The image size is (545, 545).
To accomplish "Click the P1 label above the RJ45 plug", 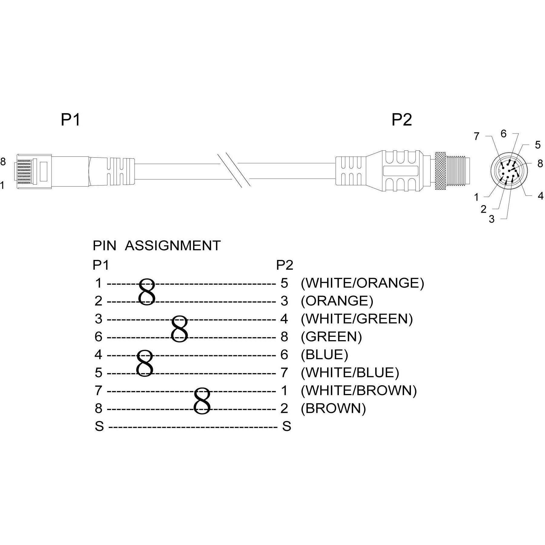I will pos(71,120).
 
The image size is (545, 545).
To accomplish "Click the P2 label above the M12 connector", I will pos(402,120).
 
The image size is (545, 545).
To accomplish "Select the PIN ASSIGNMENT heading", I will pos(156,245).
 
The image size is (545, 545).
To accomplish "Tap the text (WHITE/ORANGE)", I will pos(362,283).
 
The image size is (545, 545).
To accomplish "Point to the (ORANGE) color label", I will pos(337,301).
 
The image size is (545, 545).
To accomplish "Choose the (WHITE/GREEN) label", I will pos(357,319).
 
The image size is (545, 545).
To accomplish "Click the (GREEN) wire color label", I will pos(331,337).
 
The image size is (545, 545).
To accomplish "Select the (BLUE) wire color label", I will pos(324,354).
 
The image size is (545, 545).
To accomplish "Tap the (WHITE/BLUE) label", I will pos(350,373).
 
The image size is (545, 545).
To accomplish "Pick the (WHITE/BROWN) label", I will pos(359,390).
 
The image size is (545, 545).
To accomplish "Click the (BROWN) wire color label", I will pos(333,408).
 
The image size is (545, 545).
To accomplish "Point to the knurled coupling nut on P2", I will pos(441,171).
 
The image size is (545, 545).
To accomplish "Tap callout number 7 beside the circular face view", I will pos(477,137).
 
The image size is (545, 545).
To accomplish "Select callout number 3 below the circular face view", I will pos(492,219).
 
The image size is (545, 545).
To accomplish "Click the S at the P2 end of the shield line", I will pos(286,426).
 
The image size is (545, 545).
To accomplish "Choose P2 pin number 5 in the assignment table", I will pos(284,283).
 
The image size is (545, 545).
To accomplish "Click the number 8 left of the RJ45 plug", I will pos(3,162).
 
